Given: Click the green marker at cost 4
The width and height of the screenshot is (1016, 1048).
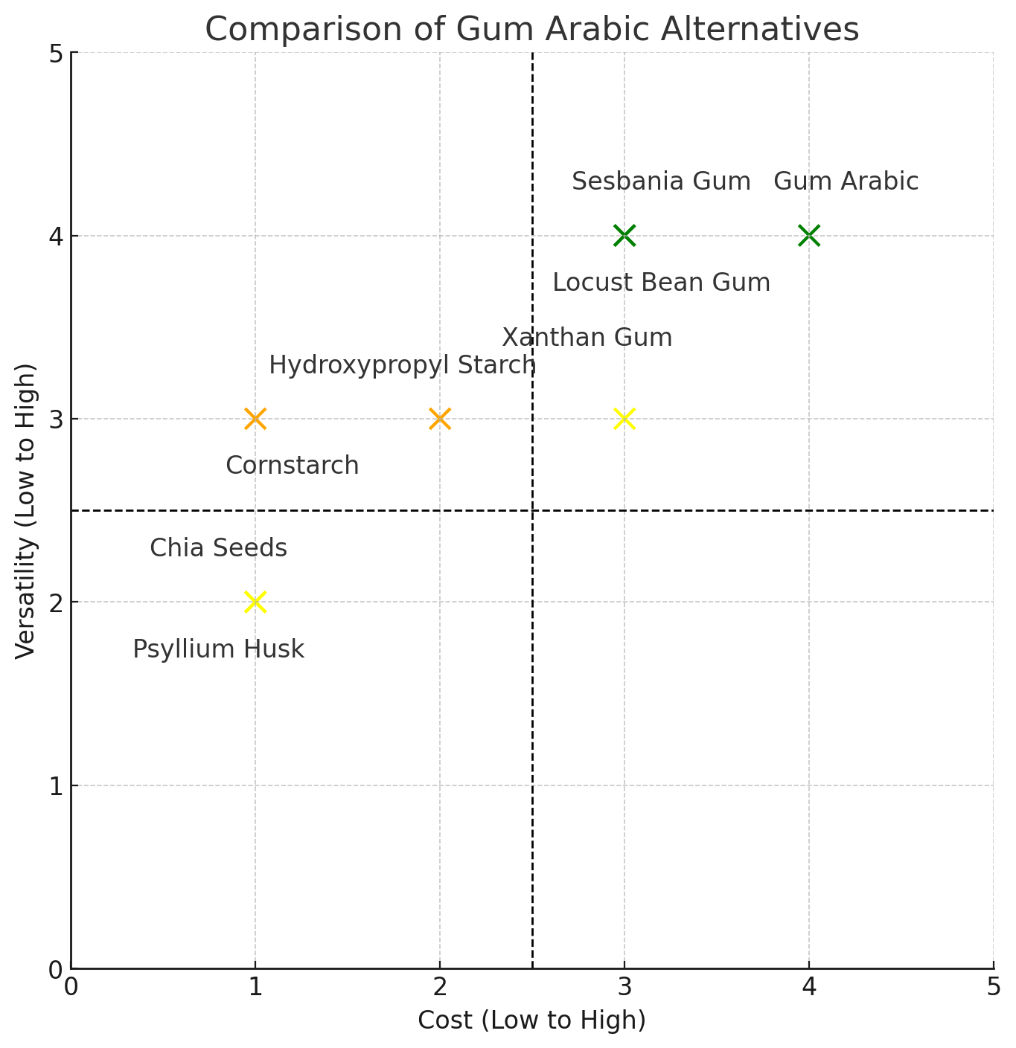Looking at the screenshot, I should pos(809,236).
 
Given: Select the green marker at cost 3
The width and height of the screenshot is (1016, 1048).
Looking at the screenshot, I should pos(624,236).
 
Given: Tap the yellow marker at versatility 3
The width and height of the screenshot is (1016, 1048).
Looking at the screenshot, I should pos(624,419).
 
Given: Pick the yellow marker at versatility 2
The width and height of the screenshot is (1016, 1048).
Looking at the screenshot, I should pos(255,602).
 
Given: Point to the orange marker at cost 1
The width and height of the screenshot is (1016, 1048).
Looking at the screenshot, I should pos(255,419).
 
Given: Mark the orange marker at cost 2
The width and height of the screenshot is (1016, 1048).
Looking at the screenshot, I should pos(440,419).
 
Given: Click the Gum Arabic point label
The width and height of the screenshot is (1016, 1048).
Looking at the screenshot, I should pos(846,181).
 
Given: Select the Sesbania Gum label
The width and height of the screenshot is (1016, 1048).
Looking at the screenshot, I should pos(661,181).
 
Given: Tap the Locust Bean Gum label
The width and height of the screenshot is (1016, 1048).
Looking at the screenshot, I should pos(661,283).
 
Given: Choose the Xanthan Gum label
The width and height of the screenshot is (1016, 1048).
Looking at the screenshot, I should pos(587,338).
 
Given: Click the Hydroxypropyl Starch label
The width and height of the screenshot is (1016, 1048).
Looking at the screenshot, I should pos(402,365).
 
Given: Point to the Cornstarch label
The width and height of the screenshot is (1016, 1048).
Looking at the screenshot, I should pos(292,466).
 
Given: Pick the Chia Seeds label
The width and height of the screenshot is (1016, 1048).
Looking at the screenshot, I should pos(218,548).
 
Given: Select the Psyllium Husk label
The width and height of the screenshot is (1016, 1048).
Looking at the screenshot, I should pos(218,649).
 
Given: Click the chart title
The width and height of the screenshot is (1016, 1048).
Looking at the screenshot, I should pos(531,30).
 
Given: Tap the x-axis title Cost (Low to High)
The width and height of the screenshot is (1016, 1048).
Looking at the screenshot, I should pos(531,1020).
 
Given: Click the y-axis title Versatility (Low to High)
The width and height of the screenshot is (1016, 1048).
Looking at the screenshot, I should pos(26,510).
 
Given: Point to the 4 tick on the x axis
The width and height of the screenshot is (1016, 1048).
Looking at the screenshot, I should pos(809,986).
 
